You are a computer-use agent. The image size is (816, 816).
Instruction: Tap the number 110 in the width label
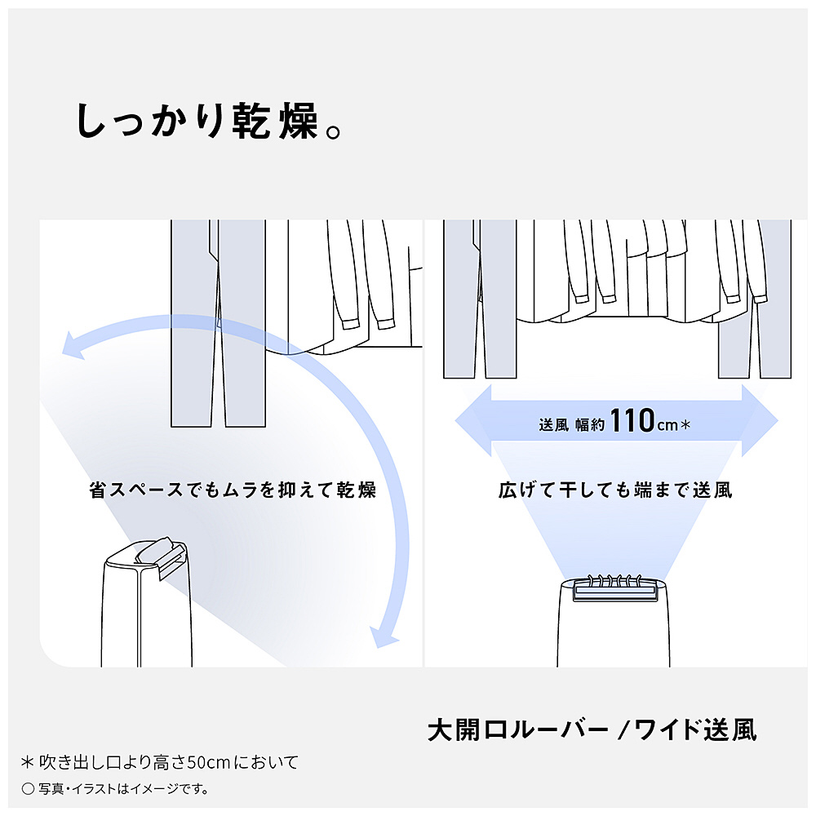click(x=632, y=420)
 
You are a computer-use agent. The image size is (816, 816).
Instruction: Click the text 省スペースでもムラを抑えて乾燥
click(x=232, y=490)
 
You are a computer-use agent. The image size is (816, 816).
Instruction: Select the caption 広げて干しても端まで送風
click(x=615, y=490)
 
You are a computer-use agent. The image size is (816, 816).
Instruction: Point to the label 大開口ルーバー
click(x=518, y=730)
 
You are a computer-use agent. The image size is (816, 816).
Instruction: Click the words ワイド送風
click(x=695, y=730)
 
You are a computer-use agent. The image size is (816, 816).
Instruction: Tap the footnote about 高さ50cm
click(x=160, y=762)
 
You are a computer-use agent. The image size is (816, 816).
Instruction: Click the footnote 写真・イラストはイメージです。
click(x=116, y=789)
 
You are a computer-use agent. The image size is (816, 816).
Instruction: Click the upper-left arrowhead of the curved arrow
click(x=74, y=345)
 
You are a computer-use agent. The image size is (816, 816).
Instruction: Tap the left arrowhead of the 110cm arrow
click(x=473, y=420)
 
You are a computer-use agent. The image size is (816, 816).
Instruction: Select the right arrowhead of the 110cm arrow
click(x=760, y=420)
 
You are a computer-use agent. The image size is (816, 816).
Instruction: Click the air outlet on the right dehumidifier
click(x=615, y=592)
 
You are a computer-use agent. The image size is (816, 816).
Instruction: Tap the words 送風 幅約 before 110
click(x=571, y=425)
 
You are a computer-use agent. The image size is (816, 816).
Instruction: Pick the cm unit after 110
click(x=667, y=426)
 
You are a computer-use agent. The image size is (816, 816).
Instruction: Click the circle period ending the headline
click(x=333, y=131)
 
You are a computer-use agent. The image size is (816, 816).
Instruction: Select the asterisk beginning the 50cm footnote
click(x=28, y=762)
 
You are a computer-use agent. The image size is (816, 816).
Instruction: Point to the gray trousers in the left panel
click(x=218, y=323)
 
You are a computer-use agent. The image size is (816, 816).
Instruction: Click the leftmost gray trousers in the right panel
click(x=479, y=299)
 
